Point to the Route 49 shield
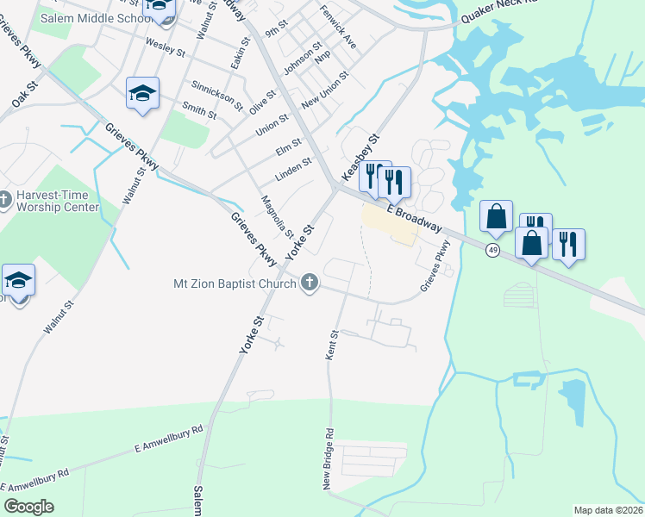tap(492, 250)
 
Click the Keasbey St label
tap(361, 156)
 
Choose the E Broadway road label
tap(415, 219)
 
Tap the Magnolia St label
tap(278, 217)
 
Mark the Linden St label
tap(293, 169)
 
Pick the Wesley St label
tap(166, 43)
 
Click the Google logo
tap(28, 507)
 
